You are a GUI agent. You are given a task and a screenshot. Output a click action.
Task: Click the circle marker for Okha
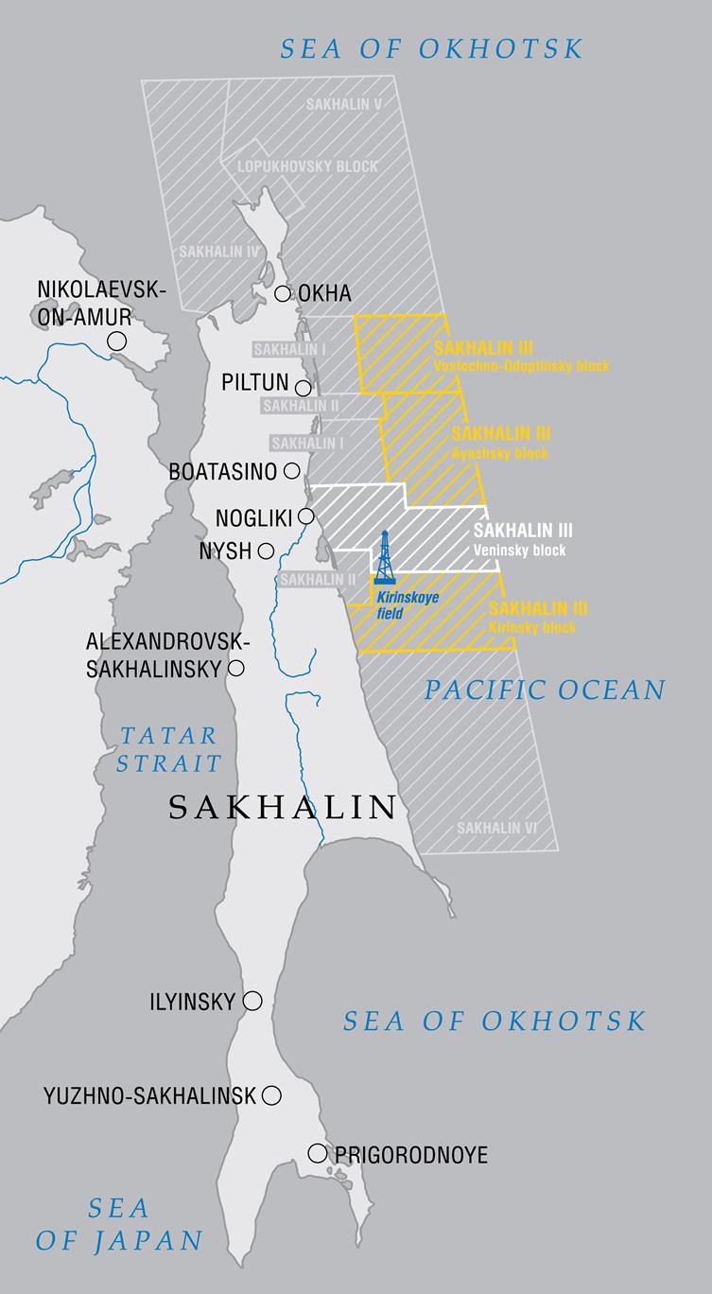283,293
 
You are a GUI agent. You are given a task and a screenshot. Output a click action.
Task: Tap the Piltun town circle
304,388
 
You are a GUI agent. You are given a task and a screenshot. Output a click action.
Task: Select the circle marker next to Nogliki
306,516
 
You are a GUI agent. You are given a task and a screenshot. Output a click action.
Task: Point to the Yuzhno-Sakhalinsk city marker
271,1095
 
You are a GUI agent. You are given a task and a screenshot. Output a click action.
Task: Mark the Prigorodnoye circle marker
317,1153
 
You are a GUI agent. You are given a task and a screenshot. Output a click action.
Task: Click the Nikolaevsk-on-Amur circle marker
117,341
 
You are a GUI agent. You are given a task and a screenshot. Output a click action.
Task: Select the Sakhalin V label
343,104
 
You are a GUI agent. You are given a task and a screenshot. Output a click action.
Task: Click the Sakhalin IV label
218,253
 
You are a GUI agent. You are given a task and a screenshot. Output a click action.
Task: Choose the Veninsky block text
520,551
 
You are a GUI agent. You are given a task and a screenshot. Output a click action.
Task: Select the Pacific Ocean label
544,690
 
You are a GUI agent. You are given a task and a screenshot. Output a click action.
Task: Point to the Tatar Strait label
170,749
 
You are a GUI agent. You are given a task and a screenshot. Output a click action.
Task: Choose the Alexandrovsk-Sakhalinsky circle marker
236,669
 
